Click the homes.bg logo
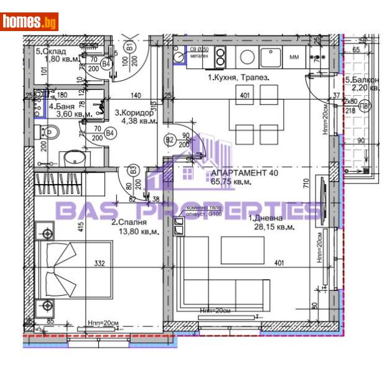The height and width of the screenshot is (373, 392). pyautogui.click(x=30, y=22)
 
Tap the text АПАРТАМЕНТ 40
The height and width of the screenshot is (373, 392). pyautogui.click(x=244, y=173)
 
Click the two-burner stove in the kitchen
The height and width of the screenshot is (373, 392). pyautogui.click(x=220, y=57)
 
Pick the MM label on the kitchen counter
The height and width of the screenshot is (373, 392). pyautogui.click(x=294, y=58)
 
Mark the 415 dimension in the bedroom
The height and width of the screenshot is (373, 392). pyautogui.click(x=81, y=228)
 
